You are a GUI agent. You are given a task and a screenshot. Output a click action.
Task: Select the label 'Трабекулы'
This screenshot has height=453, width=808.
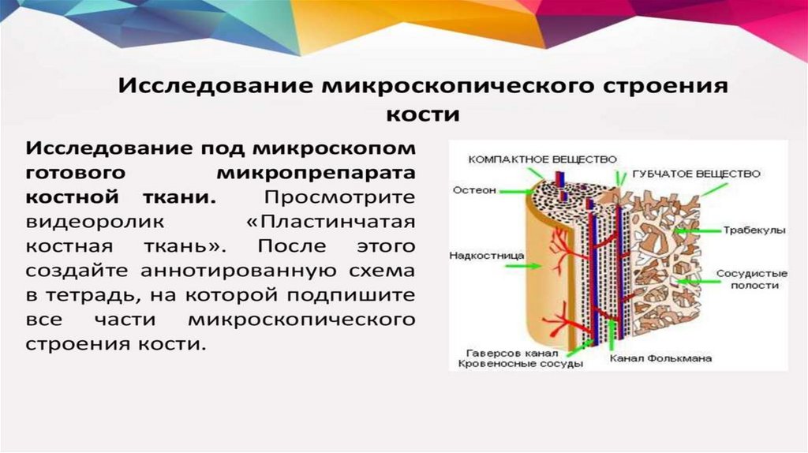coord(754,231)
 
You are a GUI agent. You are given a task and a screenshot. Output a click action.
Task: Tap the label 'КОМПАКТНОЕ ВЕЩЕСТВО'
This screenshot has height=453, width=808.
coord(542,159)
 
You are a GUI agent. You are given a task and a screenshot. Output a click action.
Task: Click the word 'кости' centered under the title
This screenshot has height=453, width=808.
coord(422,114)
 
